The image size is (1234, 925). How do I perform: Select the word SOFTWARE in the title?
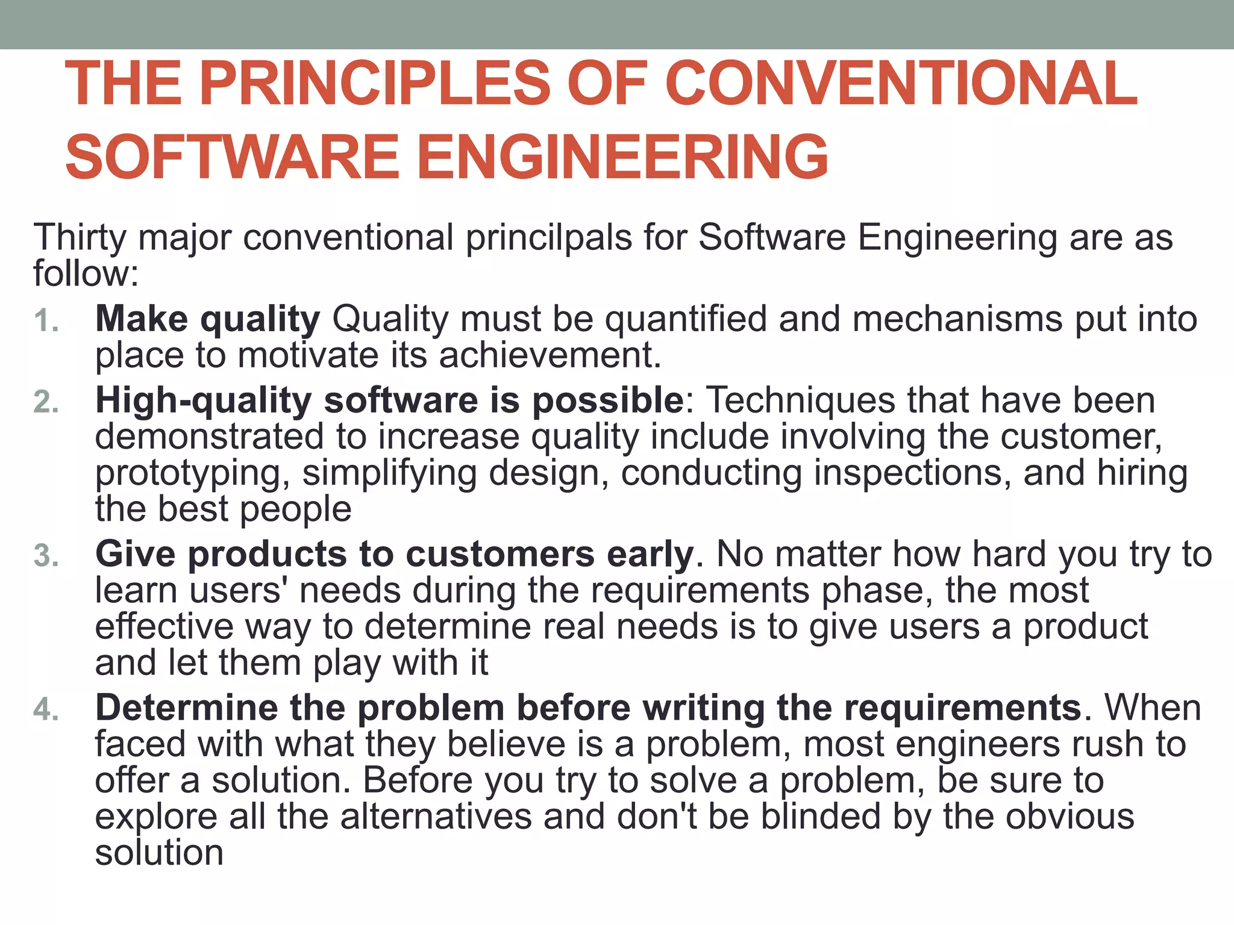[233, 157]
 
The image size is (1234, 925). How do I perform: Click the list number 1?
[46, 320]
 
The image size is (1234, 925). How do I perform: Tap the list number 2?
[46, 402]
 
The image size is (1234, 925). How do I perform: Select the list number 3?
[46, 555]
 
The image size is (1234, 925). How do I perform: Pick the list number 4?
[46, 709]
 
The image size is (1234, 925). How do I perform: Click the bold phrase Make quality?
[207, 319]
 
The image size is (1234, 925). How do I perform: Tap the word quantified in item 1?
[685, 319]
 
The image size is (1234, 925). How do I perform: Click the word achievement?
[550, 355]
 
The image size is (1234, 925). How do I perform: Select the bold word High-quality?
[203, 400]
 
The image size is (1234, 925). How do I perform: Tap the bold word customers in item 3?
[500, 554]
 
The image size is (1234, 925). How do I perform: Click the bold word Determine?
[186, 708]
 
